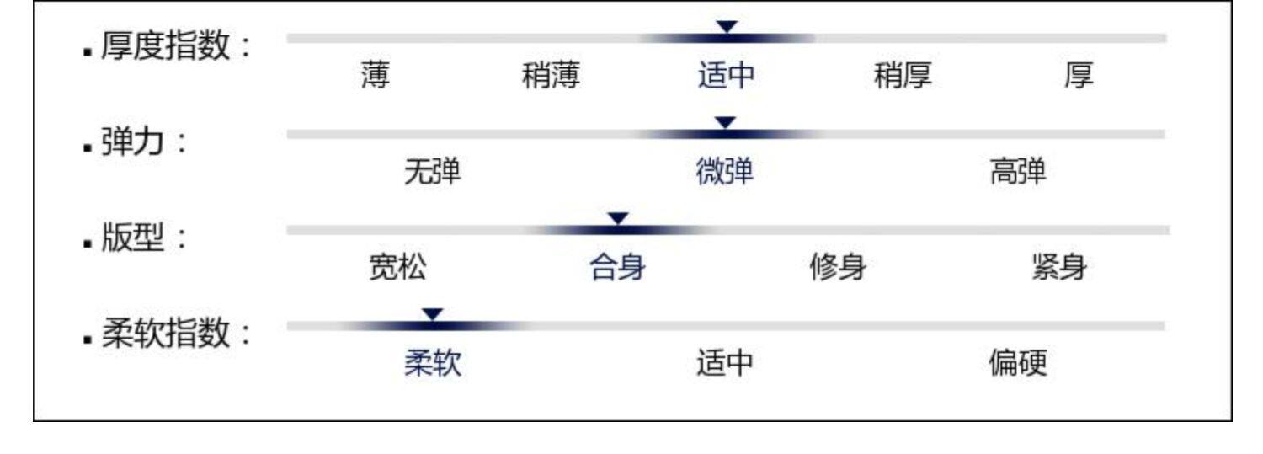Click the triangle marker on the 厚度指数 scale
(x=727, y=27)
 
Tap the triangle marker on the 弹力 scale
(x=725, y=123)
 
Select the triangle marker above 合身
(x=618, y=219)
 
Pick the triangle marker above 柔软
(x=433, y=314)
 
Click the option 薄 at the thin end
(x=375, y=77)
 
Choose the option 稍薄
(x=551, y=77)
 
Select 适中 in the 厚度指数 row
(x=726, y=77)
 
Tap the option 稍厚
(x=903, y=77)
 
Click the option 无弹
(x=433, y=173)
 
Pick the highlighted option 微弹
(x=725, y=173)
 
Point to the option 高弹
(x=1018, y=173)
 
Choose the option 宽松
(x=397, y=269)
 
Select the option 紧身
(x=1058, y=269)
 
